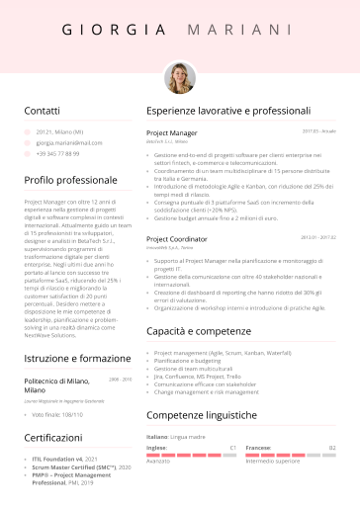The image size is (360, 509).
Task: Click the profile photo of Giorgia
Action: (179, 77)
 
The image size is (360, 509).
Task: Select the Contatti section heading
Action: (42, 112)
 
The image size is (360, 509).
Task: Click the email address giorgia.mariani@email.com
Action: (69, 142)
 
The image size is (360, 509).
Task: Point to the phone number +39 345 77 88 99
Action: (57, 154)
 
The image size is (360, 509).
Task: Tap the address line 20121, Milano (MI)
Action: (59, 131)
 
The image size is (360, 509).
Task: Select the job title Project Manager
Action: (172, 131)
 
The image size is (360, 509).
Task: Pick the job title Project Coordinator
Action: (177, 239)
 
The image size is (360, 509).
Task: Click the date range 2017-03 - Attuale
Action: (318, 130)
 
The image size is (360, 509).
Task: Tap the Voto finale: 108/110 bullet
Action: (58, 414)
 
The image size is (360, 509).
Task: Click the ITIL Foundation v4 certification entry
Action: (64, 460)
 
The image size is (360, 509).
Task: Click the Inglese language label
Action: (156, 447)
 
